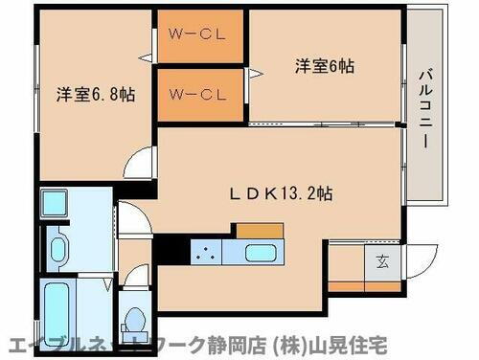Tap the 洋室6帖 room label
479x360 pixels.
coord(325,66)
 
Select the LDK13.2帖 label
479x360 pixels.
coord(281,191)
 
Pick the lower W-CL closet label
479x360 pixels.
coord(197,94)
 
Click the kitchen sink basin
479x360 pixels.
coord(262,254)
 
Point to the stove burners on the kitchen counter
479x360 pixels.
coord(205,253)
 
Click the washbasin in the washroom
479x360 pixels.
coord(57,251)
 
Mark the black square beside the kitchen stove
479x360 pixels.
coord(171,251)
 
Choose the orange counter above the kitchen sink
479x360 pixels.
coord(260,230)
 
